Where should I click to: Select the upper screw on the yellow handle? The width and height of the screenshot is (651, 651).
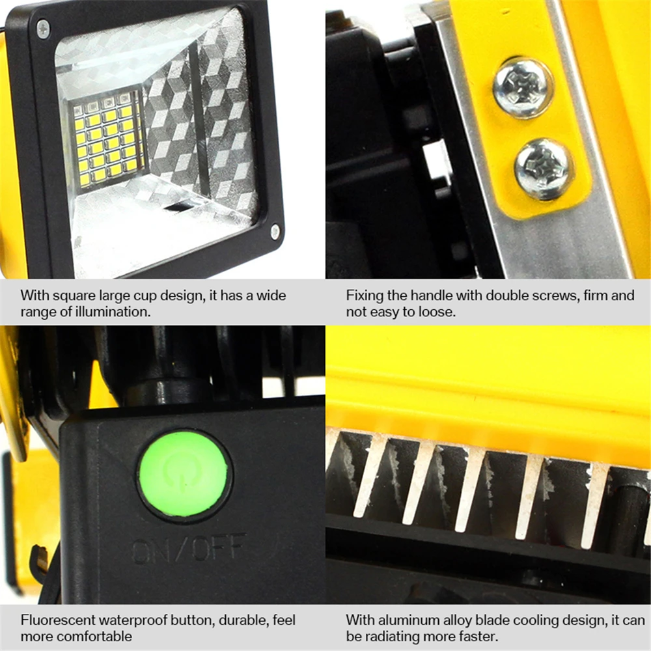[523, 87]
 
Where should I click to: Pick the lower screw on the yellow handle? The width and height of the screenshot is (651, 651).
[544, 169]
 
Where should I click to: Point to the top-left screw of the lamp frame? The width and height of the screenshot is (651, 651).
[43, 27]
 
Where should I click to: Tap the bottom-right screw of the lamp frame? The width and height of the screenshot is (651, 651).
[275, 231]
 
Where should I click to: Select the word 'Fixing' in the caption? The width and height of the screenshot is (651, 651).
[364, 296]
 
